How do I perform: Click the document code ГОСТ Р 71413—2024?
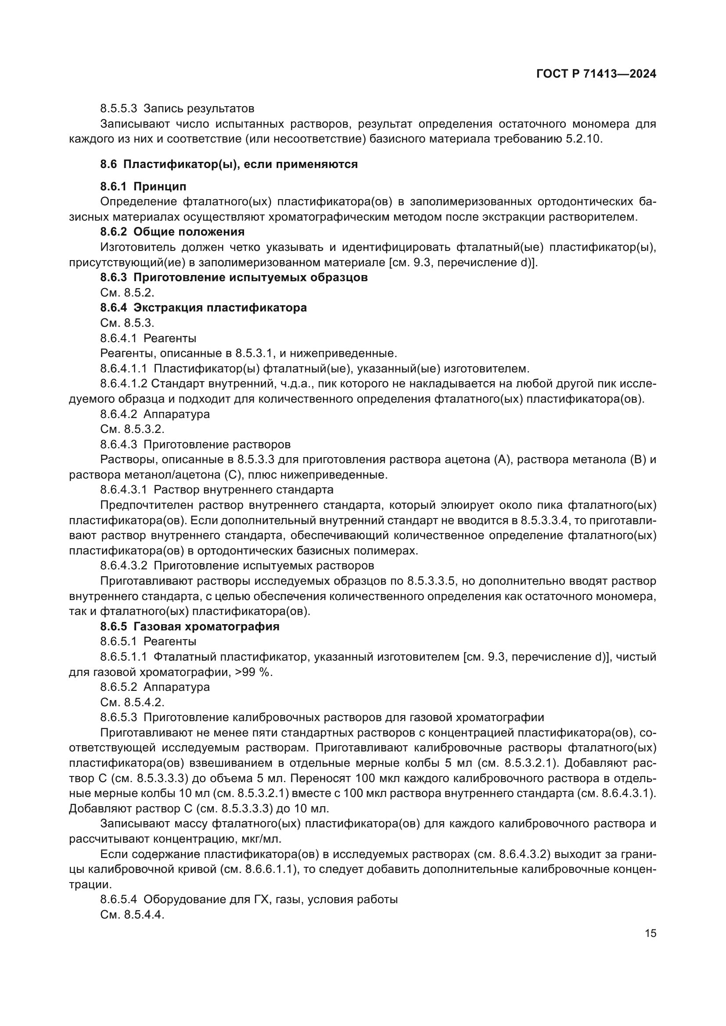(x=596, y=74)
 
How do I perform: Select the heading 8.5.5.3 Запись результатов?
(x=177, y=109)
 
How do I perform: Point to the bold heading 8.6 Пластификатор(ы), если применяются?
(x=229, y=164)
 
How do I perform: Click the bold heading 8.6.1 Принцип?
(x=143, y=186)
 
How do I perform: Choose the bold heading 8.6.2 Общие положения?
(x=172, y=232)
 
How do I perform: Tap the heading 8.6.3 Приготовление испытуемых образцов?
(x=234, y=278)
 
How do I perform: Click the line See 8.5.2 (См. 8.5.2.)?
(x=127, y=293)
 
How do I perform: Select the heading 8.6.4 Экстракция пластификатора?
(x=203, y=308)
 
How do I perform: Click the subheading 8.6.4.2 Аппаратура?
(x=155, y=414)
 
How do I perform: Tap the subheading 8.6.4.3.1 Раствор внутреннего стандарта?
(x=217, y=490)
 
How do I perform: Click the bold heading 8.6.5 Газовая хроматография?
(x=190, y=626)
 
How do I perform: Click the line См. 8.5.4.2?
(x=132, y=702)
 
